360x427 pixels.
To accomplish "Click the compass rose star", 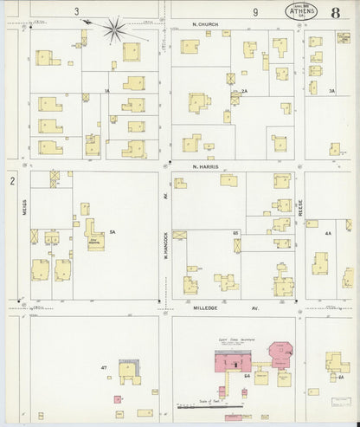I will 113,31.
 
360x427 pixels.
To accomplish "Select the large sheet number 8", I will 335,13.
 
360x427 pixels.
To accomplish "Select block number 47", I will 103,368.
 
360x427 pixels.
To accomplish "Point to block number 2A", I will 245,91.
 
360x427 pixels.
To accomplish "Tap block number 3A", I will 331,91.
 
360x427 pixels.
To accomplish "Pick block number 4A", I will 328,233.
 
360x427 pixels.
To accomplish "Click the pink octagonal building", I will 283,353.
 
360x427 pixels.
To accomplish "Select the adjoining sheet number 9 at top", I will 255,11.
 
